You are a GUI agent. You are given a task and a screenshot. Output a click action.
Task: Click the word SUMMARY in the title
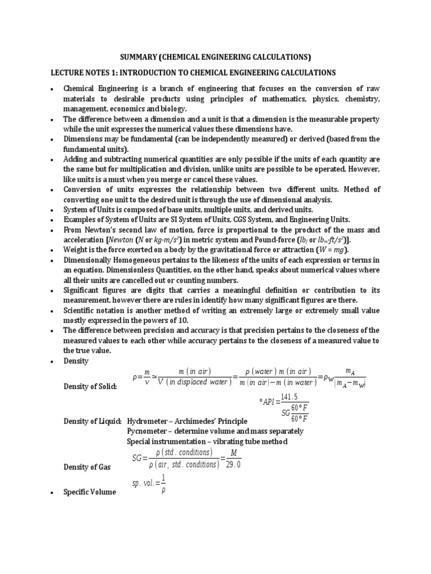coord(139,57)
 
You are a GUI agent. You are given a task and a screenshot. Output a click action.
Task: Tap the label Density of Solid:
coord(90,389)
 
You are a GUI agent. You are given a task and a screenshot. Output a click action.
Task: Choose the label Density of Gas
coord(87,466)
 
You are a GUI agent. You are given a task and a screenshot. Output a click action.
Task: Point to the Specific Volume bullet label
coord(89,492)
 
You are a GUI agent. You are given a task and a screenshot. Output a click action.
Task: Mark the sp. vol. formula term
coord(144,482)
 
